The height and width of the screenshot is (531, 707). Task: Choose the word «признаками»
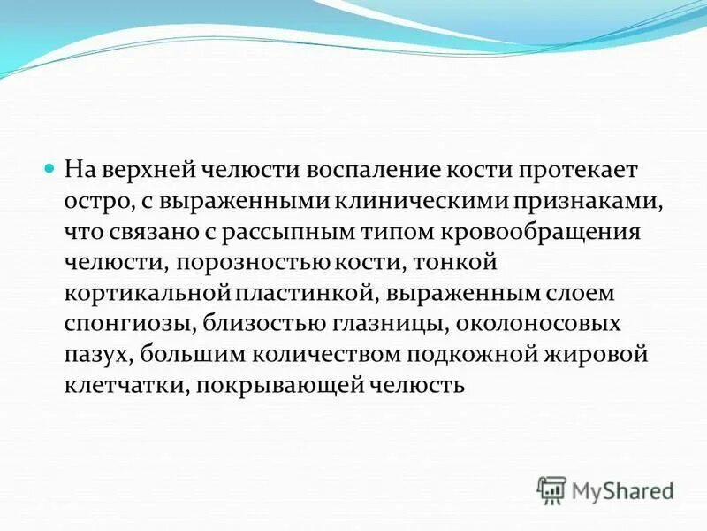(x=583, y=201)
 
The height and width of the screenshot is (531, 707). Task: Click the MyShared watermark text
(x=622, y=489)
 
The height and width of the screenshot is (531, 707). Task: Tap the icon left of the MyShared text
(x=552, y=489)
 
